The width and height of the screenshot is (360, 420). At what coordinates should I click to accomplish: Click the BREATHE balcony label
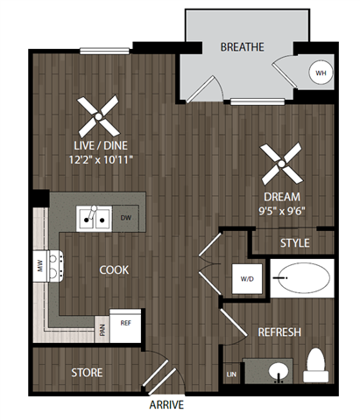pyautogui.click(x=243, y=46)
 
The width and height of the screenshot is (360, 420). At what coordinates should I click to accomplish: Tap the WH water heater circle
pyautogui.click(x=321, y=73)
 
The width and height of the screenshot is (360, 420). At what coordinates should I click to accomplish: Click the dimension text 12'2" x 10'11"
pyautogui.click(x=102, y=159)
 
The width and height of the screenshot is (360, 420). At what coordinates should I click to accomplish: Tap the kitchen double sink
pyautogui.click(x=95, y=218)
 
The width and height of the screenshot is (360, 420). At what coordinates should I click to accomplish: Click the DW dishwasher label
pyautogui.click(x=126, y=218)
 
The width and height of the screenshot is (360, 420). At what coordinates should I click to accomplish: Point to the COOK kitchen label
pyautogui.click(x=114, y=270)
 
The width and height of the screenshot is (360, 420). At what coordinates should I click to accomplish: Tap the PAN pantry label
pyautogui.click(x=102, y=330)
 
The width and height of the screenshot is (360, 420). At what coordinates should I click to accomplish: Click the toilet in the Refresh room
pyautogui.click(x=317, y=366)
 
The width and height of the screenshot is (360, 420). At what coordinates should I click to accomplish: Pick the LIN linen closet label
pyautogui.click(x=231, y=374)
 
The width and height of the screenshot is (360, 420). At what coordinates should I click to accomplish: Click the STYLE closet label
pyautogui.click(x=294, y=242)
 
